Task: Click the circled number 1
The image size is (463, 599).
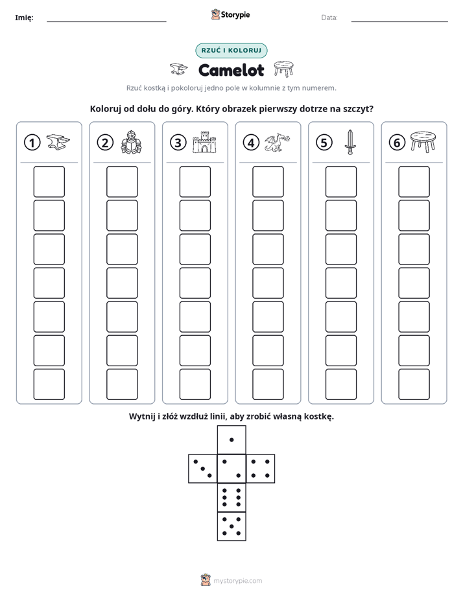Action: [x=32, y=143]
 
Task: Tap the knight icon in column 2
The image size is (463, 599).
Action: [x=131, y=142]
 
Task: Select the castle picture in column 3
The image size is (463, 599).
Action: [x=204, y=143]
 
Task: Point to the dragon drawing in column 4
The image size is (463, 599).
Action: [x=278, y=142]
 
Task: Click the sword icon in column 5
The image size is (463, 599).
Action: [x=350, y=142]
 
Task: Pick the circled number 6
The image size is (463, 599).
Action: [x=397, y=143]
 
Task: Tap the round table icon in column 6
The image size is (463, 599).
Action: [x=423, y=142]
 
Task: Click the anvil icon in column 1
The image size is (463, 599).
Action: [x=58, y=142]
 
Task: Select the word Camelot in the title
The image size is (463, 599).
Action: [x=231, y=70]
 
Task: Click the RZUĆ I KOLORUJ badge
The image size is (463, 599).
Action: [x=231, y=51]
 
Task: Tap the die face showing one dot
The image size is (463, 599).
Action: [x=231, y=440]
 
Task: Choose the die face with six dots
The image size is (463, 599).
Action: [x=231, y=498]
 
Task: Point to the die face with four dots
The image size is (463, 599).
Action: [x=261, y=469]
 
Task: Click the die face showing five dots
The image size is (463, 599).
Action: [x=231, y=526]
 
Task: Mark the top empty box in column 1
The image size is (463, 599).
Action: [x=49, y=182]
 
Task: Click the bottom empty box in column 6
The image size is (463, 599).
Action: [x=414, y=384]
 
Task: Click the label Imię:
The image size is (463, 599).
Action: [x=24, y=18]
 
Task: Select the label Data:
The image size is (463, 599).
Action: [x=329, y=18]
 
